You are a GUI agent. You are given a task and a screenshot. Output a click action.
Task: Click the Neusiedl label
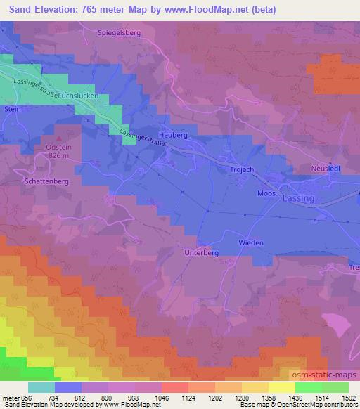click(x=326, y=169)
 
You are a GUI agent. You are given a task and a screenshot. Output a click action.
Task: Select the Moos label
click(x=266, y=193)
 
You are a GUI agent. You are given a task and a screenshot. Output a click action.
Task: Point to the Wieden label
click(x=251, y=243)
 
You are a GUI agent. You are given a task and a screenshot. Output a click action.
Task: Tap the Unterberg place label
click(x=202, y=252)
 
